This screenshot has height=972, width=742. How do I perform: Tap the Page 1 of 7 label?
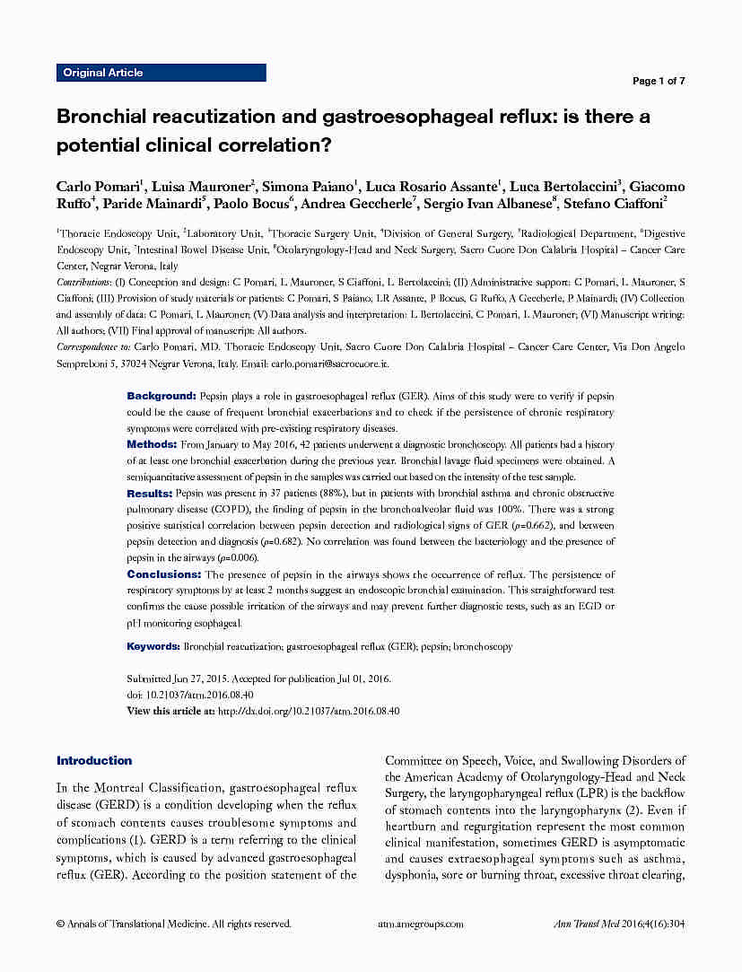[659, 81]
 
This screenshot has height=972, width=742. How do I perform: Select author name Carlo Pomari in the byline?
[98, 187]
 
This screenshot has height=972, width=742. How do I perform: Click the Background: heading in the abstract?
[161, 396]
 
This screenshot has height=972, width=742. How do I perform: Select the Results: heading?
[150, 494]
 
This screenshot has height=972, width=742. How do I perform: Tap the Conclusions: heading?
[164, 574]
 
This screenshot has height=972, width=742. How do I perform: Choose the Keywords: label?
[153, 646]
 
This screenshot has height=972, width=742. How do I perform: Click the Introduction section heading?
[94, 761]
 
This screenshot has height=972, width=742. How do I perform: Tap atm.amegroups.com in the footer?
[421, 924]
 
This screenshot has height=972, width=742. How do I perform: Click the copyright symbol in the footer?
[60, 924]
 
